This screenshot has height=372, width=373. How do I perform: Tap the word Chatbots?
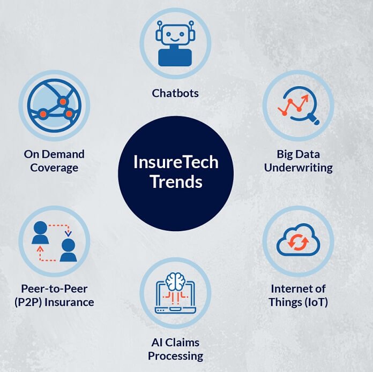pos(175,93)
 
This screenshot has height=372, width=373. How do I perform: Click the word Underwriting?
pos(298,168)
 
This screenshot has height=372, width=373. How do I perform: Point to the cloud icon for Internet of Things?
pos(298,242)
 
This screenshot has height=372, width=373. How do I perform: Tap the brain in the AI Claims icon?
pos(175,280)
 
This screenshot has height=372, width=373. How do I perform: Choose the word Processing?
pos(175,355)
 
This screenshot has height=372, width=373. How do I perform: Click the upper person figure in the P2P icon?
pos(40,231)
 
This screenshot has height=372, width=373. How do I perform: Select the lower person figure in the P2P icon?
pos(68,250)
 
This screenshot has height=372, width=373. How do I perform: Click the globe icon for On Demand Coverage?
pos(54,105)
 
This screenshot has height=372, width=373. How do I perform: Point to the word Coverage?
pos(54,168)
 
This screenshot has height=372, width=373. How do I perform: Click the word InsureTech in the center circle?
pos(176,162)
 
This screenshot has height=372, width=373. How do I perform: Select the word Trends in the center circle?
pos(176,181)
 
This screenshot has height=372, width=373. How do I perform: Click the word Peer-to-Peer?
pos(54,289)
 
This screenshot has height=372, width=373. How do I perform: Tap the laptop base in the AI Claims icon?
pos(175,309)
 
